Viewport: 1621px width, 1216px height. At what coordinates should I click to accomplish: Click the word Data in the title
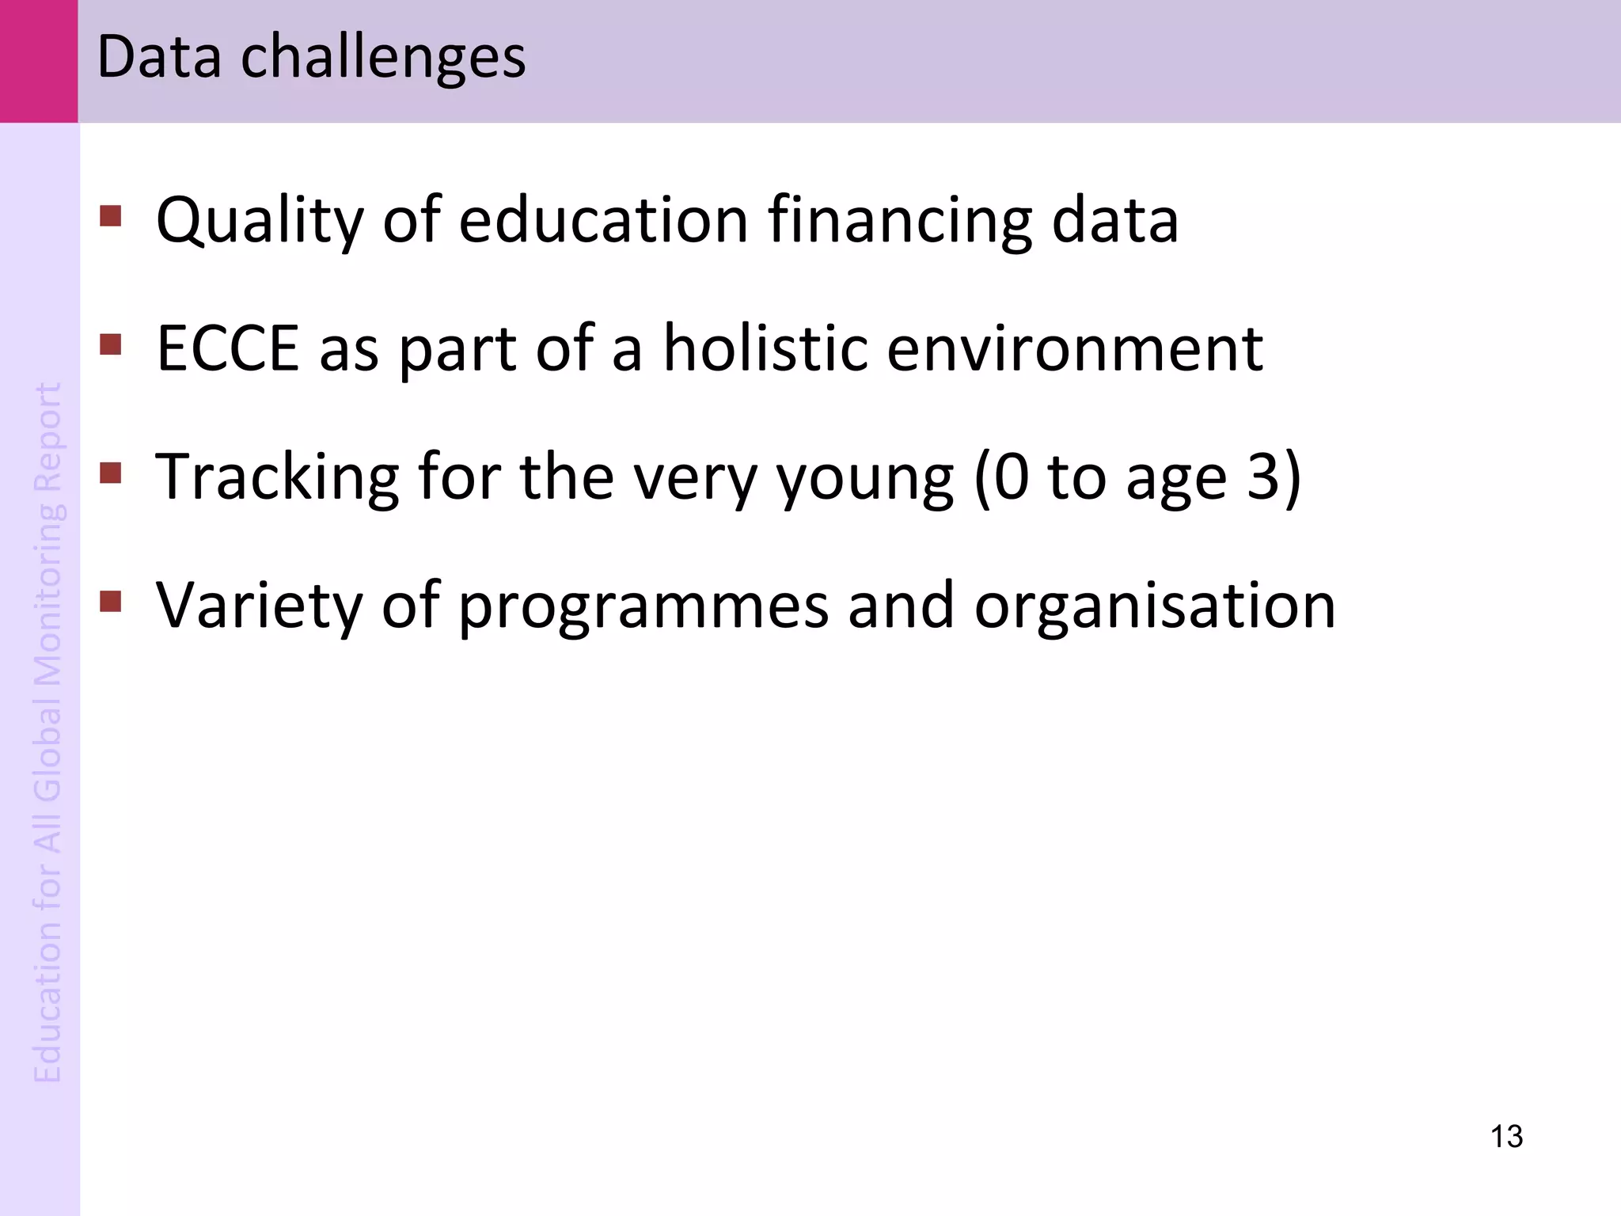(x=158, y=57)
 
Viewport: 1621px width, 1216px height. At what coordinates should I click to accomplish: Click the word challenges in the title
(x=383, y=59)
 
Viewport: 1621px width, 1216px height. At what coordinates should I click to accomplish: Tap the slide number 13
(x=1506, y=1136)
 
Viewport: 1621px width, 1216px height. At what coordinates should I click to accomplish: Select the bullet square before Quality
(x=111, y=216)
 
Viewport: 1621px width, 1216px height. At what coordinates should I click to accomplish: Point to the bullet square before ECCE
(x=111, y=344)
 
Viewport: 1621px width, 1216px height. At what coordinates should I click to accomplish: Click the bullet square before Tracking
(x=111, y=473)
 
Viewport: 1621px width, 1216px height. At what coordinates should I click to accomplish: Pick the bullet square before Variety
(x=111, y=602)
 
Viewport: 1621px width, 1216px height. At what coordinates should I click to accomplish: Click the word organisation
(x=1155, y=606)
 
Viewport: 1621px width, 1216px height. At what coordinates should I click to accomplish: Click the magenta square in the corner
(x=39, y=61)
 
